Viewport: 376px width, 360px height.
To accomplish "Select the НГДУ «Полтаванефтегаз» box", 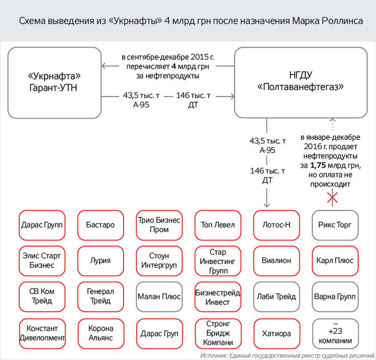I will [301, 82].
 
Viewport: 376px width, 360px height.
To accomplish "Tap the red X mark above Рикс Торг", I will [332, 198].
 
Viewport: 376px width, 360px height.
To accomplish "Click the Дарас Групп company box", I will [42, 224].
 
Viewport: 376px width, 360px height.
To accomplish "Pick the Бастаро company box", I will [101, 224].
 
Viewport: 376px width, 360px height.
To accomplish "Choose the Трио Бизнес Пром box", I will [159, 224].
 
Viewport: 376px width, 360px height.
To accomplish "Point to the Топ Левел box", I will [218, 224].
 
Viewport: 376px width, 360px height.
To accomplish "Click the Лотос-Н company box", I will [276, 224].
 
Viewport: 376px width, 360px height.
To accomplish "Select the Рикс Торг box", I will [335, 224].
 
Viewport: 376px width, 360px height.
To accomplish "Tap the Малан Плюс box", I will [159, 297].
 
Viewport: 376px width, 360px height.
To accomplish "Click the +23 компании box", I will [335, 334].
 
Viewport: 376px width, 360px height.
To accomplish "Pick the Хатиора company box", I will [276, 334].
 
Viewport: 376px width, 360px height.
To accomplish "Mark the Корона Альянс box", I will [101, 334].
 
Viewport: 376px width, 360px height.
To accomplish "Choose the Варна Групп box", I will [335, 297].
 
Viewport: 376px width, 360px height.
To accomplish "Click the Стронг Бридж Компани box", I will [218, 334].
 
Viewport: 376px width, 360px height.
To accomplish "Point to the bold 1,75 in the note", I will [319, 166].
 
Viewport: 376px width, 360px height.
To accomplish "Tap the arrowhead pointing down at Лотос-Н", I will [267, 204].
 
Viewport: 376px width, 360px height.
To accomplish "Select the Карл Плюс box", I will [335, 260].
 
